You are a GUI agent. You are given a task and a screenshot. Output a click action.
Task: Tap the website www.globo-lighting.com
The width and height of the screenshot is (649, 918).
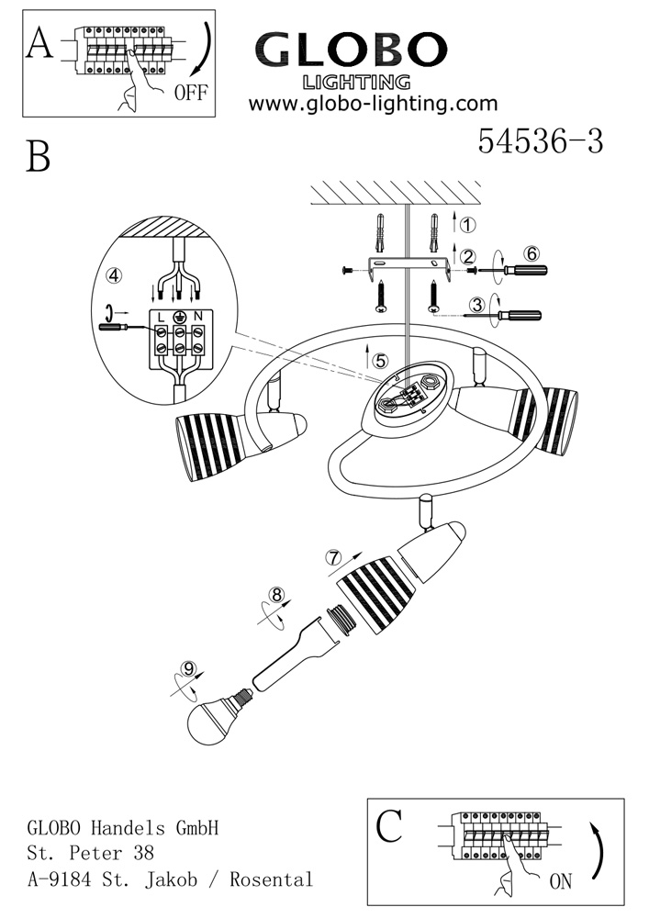tap(373, 104)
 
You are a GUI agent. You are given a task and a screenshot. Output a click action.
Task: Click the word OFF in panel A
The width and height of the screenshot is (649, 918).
tap(191, 92)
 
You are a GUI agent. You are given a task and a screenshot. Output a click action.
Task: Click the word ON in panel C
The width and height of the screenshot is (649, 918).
tap(560, 881)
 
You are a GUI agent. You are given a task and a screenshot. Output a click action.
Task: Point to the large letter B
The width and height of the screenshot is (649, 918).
tap(39, 157)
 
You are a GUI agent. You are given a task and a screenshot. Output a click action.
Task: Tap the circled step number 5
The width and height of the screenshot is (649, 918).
tap(380, 361)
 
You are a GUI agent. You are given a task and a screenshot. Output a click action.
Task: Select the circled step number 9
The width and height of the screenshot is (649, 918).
tap(191, 668)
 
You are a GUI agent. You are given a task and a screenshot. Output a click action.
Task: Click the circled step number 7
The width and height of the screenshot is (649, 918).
tap(333, 556)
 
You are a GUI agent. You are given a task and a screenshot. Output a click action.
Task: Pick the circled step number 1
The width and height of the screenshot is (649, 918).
tap(467, 225)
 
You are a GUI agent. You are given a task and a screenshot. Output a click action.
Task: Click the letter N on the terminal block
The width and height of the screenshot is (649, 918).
tap(196, 317)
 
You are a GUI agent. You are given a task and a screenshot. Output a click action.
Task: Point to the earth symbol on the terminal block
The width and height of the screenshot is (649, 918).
tap(179, 317)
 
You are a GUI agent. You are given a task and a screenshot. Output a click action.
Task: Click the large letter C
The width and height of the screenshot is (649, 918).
tap(389, 826)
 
